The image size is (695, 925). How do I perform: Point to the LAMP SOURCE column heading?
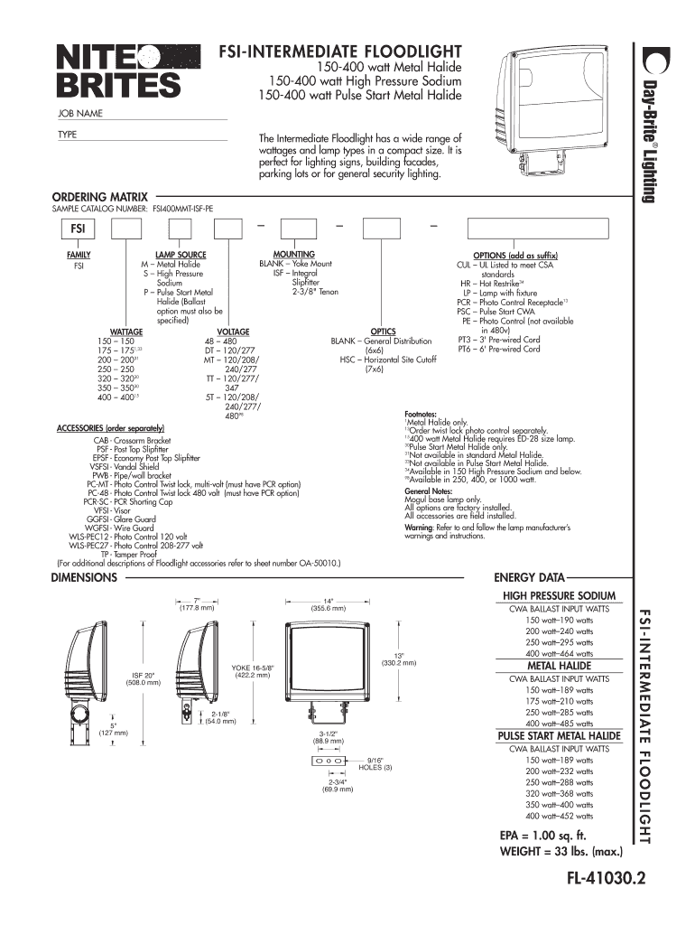[181, 256]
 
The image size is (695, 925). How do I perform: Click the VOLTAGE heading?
[233, 332]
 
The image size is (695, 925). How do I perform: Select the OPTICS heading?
[384, 332]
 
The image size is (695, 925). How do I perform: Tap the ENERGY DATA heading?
[528, 577]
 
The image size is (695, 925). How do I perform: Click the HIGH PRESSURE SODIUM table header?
[560, 596]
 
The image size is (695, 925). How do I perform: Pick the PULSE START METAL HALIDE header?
[560, 736]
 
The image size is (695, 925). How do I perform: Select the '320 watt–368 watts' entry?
[560, 793]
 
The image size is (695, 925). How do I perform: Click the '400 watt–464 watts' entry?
[560, 653]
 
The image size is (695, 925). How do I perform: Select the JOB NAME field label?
[80, 113]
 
